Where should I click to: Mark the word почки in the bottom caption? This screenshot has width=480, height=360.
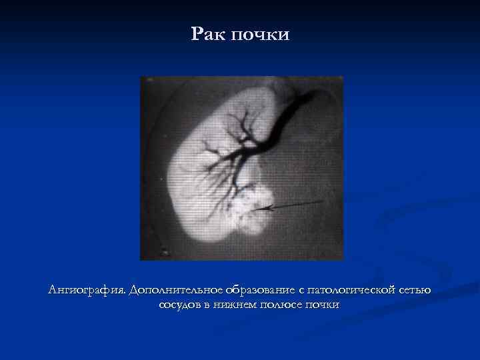coord(323,305)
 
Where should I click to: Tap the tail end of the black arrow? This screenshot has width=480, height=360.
coord(306,202)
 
